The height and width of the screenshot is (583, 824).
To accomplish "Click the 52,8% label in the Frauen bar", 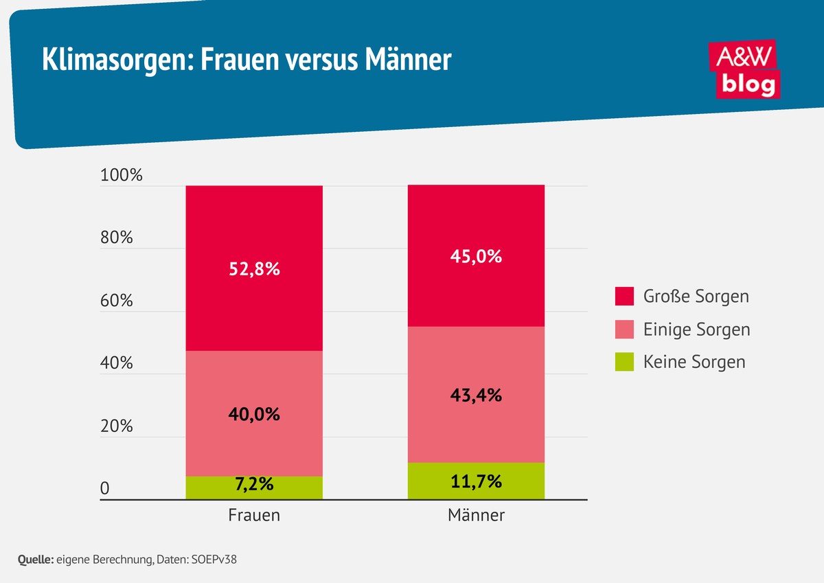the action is click(254, 269).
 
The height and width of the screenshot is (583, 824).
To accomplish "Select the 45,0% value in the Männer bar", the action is click(476, 257).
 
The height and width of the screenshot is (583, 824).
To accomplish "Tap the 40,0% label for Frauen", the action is click(254, 414).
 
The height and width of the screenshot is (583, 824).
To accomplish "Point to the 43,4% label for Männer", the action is click(476, 395).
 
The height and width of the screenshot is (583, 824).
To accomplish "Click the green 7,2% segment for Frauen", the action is click(254, 487).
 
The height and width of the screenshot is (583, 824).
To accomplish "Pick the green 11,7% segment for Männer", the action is click(476, 481).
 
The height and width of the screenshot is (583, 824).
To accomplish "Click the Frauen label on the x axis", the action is click(254, 515).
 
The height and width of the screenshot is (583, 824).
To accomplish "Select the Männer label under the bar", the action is click(476, 515).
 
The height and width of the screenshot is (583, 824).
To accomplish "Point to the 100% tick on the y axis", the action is click(122, 175).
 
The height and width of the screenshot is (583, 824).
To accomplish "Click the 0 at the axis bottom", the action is click(105, 489).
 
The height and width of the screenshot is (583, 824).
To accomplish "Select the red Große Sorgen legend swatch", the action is click(624, 297).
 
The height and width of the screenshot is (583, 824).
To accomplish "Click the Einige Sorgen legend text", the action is click(696, 330).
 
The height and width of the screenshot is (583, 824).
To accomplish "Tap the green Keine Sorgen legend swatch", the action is click(624, 361).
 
